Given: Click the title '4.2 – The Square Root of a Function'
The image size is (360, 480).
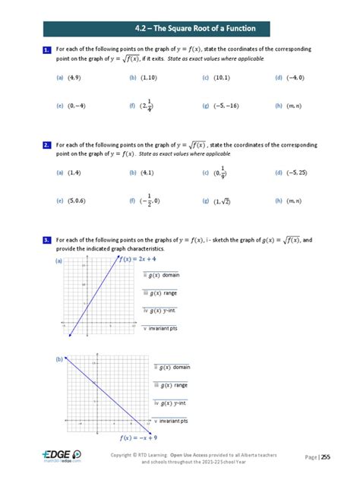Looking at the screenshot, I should [x=179, y=29].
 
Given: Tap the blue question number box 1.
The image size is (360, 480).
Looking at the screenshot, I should [x=46, y=50].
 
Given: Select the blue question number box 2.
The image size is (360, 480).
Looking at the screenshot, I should [x=46, y=144].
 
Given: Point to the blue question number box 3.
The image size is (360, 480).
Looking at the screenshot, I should [x=46, y=240].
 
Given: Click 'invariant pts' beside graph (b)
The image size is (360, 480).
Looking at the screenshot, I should [x=172, y=420].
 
